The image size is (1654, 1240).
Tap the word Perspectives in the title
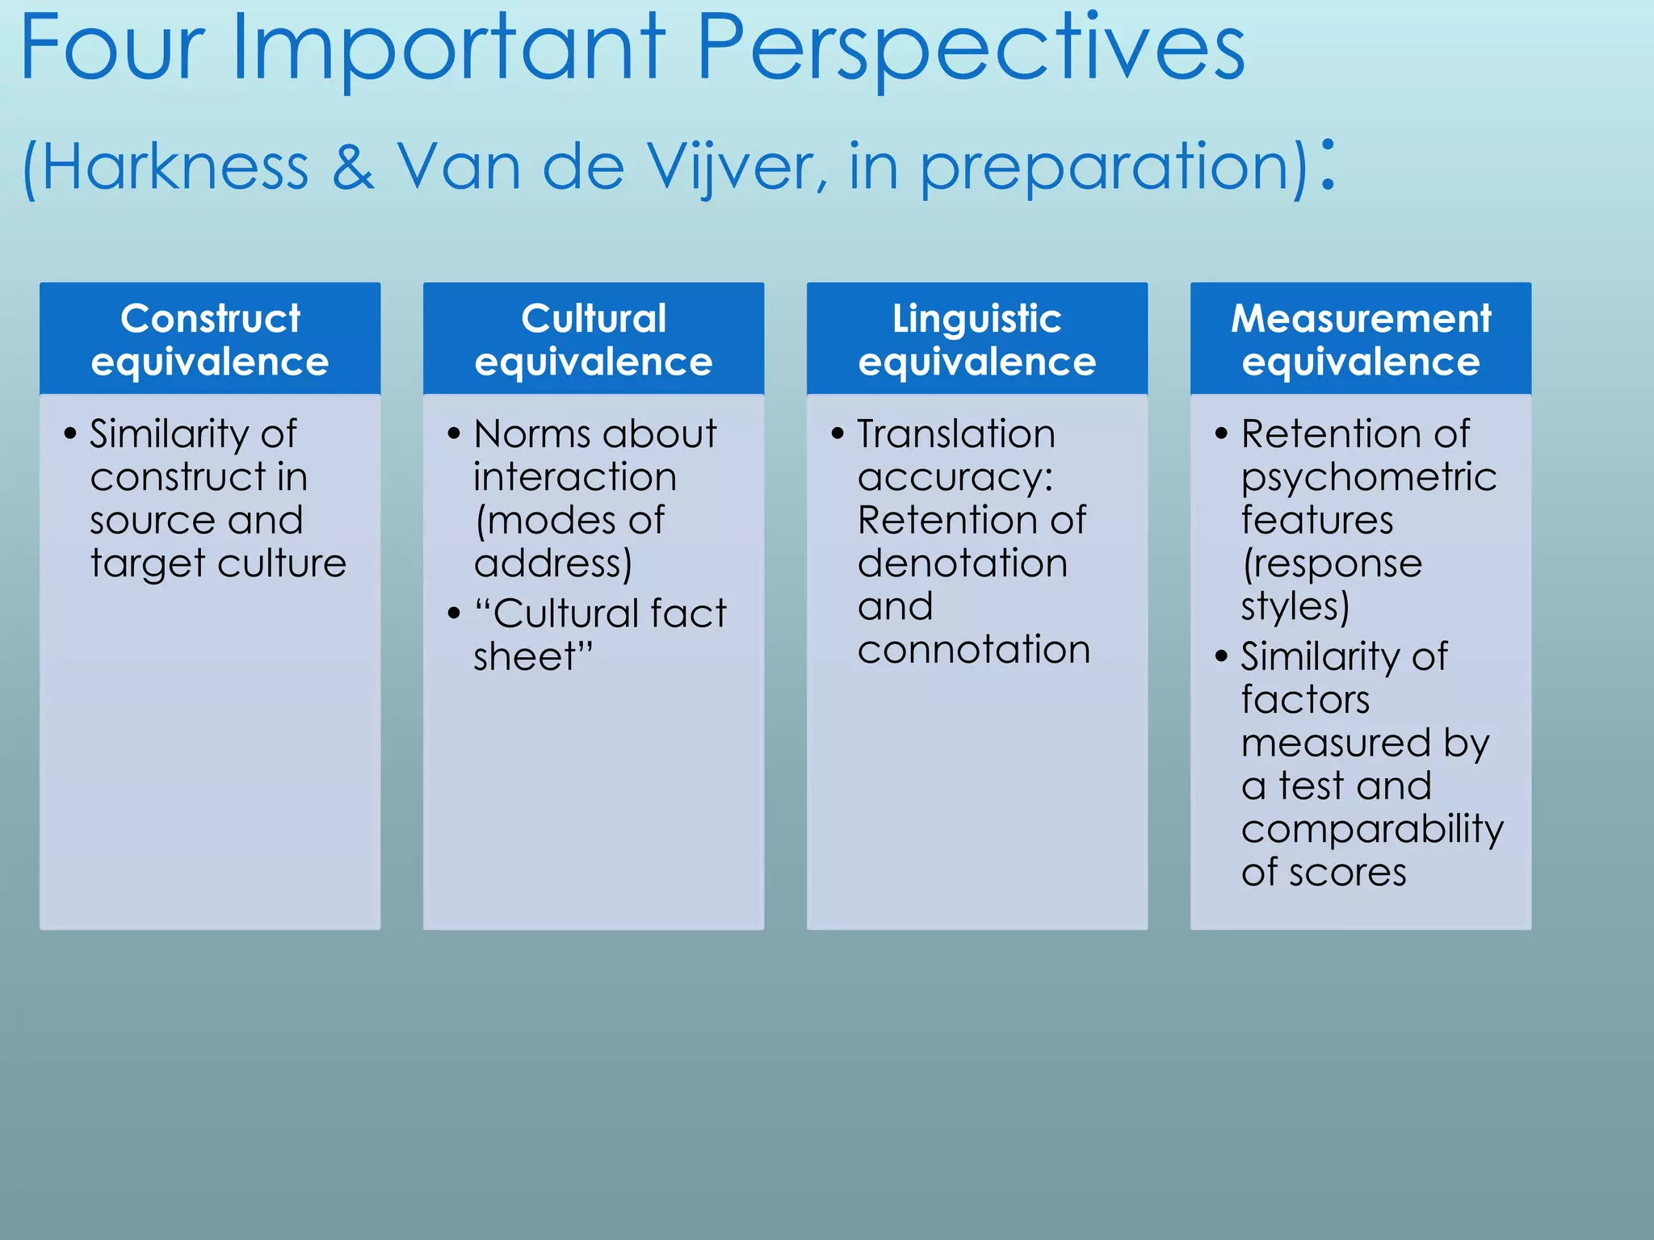click(x=970, y=50)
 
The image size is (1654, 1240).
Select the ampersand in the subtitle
click(x=353, y=167)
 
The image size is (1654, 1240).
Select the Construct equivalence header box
click(x=210, y=339)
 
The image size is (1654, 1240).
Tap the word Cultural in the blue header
click(x=594, y=318)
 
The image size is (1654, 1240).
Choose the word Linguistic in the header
click(x=976, y=318)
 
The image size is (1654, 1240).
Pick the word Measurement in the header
click(x=1361, y=318)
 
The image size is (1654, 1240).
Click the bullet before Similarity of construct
click(x=70, y=434)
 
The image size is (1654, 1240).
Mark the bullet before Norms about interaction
click(x=454, y=434)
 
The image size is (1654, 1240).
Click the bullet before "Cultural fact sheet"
click(x=454, y=614)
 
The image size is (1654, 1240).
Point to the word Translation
click(x=956, y=434)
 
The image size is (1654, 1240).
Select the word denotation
click(x=963, y=563)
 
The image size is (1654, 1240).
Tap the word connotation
click(x=974, y=650)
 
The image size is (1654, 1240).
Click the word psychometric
click(x=1369, y=478)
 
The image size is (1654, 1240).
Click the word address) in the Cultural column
click(x=553, y=563)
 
